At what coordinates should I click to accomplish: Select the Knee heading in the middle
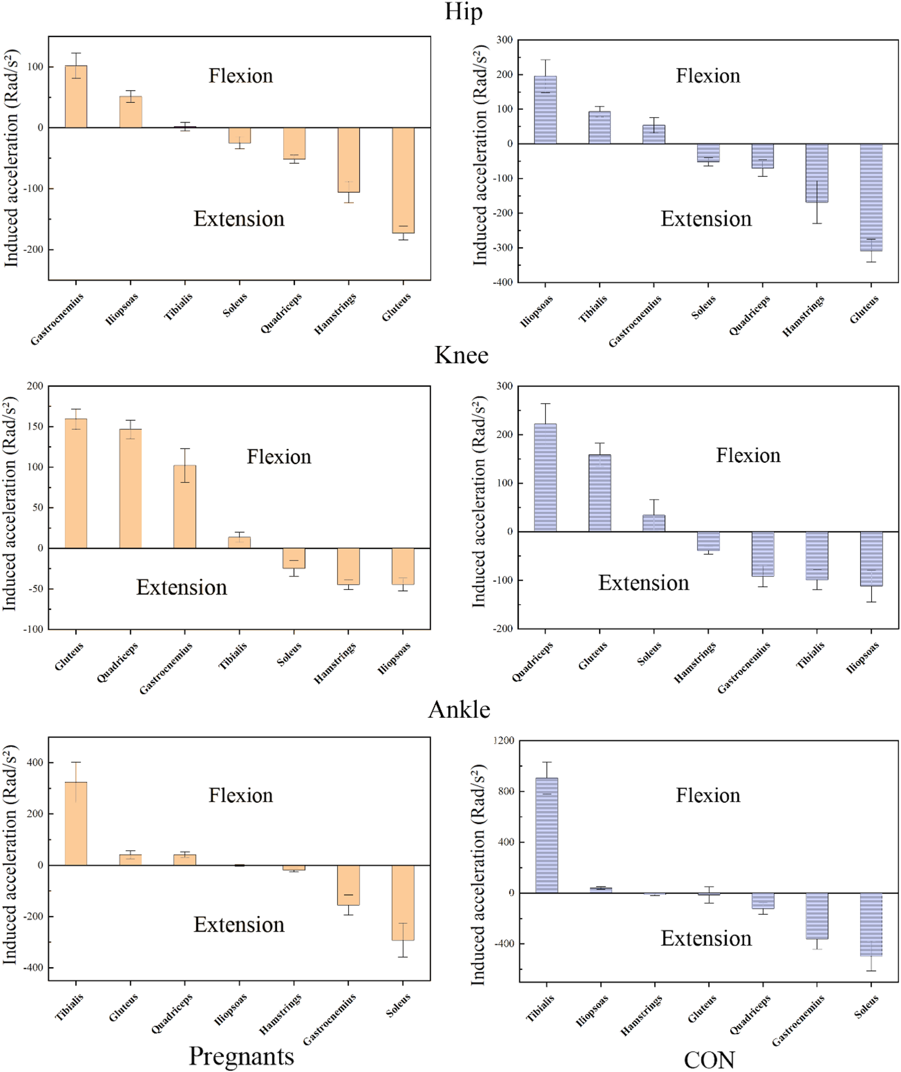point(461,355)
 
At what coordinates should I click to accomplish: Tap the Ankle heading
point(459,709)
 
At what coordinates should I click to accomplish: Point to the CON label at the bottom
point(709,1060)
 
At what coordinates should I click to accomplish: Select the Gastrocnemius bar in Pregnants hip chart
point(76,97)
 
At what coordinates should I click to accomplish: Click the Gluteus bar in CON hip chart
point(871,197)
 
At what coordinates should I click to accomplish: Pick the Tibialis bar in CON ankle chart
point(547,835)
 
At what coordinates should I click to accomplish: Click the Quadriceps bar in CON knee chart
point(545,478)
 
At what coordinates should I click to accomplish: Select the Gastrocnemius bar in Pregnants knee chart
point(185,506)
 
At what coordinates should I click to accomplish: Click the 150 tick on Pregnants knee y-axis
point(35,427)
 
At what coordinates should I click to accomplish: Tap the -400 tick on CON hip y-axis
point(502,282)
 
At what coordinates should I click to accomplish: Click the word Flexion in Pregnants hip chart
point(241,76)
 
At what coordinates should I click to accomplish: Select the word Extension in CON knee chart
point(643,583)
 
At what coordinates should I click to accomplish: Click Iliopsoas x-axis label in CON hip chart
point(537,312)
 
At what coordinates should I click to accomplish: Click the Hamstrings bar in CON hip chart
point(817,173)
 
